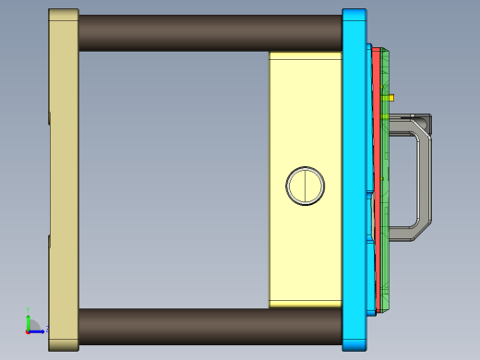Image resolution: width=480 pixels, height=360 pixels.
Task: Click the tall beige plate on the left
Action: pos(63,180)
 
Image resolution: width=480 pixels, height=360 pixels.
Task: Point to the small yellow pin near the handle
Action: pos(390,96)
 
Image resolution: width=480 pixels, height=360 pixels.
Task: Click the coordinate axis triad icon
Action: pos(31,325)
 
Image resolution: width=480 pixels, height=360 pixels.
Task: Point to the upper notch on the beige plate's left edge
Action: pos(49,117)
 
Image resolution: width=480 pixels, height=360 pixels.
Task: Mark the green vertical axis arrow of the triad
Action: pos(28,319)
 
